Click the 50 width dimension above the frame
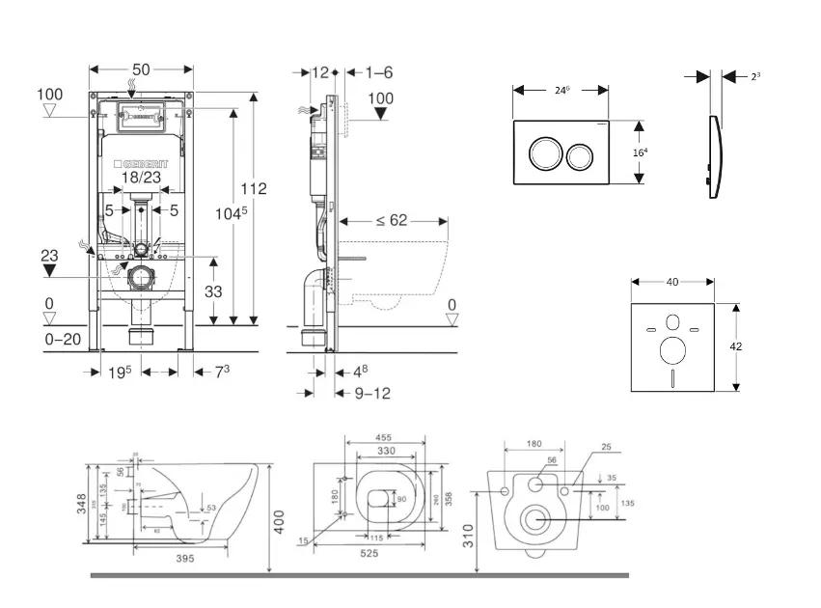[x=141, y=69]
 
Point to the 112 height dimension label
[x=254, y=189]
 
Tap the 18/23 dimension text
[x=141, y=179]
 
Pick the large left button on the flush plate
[x=543, y=153]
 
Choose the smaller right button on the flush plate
[x=581, y=154]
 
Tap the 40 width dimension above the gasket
[x=672, y=282]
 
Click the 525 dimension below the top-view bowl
[x=369, y=554]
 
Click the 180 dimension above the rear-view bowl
[x=534, y=445]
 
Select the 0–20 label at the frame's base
[x=63, y=339]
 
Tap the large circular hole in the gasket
[x=672, y=349]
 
